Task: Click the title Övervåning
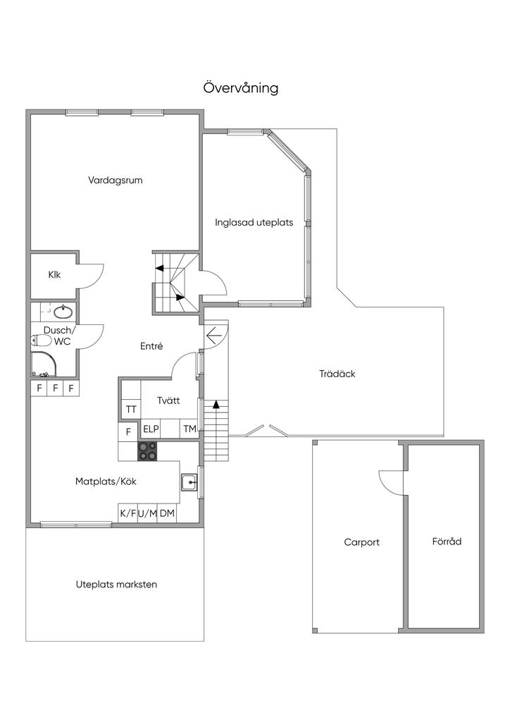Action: pos(240,87)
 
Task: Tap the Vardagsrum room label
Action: pos(116,180)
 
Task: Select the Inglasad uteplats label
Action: pos(254,222)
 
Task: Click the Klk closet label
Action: pos(54,275)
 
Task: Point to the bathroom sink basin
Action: pos(63,312)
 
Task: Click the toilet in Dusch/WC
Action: pos(42,341)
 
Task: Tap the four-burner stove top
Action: pos(148,451)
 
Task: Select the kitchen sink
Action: pos(189,482)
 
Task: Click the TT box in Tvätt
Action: pos(131,410)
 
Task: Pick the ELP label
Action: pos(151,429)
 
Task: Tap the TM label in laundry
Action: pos(189,429)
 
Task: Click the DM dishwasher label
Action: pos(167,513)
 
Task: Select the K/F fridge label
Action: pos(127,513)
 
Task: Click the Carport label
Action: pos(362,542)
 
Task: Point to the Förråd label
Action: pos(447,541)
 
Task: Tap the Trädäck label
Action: pos(337,374)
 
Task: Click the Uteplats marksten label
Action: pos(116,585)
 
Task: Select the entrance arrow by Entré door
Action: pos(215,335)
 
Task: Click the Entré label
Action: pos(151,346)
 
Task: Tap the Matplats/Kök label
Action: pos(106,482)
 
